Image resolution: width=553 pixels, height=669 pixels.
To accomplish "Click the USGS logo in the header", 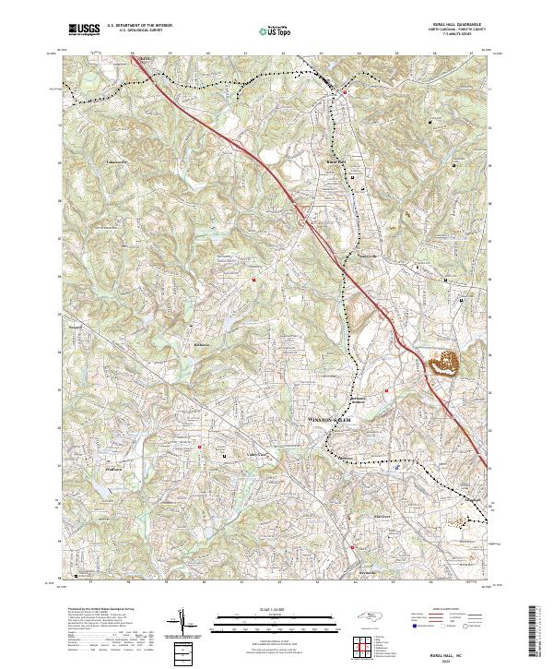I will [x=84, y=30].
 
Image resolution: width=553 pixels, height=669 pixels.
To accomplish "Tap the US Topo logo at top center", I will [x=276, y=30].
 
